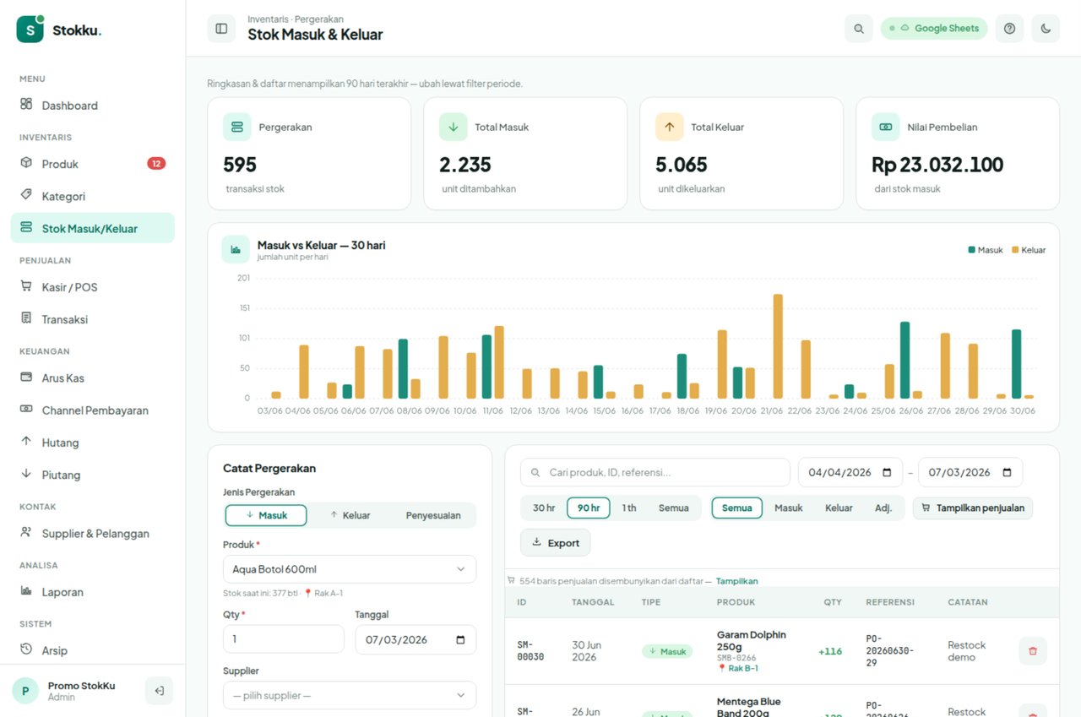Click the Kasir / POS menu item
pos(69,287)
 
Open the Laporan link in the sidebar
pos(62,592)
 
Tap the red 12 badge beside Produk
pos(156,164)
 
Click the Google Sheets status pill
pos(934,29)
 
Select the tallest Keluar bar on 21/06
pos(778,346)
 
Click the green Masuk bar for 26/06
pos(904,360)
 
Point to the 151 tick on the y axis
pos(245,308)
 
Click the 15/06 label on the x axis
pos(604,410)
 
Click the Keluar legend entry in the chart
pos(1029,250)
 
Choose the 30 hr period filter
pos(544,508)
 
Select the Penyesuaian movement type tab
pos(433,515)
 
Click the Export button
pos(556,543)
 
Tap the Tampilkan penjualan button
pos(973,508)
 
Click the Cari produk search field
pos(655,472)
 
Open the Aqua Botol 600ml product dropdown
pos(350,569)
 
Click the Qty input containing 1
pos(284,639)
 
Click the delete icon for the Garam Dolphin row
pos(1033,651)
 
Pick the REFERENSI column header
pos(890,602)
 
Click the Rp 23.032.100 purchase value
pos(937,165)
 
